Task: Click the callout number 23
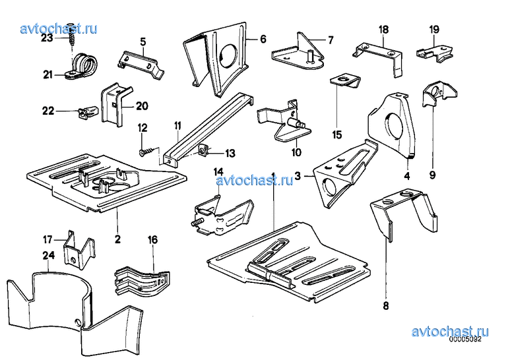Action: pyautogui.click(x=47, y=38)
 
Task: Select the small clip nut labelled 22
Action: pyautogui.click(x=88, y=111)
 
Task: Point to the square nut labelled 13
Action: pyautogui.click(x=203, y=150)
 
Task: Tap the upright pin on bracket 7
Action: pyautogui.click(x=310, y=56)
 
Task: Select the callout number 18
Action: pyautogui.click(x=384, y=30)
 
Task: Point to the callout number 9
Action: pyautogui.click(x=432, y=175)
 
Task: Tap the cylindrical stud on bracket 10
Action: pyautogui.click(x=296, y=123)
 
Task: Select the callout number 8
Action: pyautogui.click(x=386, y=306)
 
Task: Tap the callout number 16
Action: pyautogui.click(x=152, y=240)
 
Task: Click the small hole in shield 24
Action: pyautogui.click(x=78, y=321)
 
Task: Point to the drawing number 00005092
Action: pyautogui.click(x=465, y=340)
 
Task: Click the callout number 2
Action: pyautogui.click(x=117, y=239)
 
